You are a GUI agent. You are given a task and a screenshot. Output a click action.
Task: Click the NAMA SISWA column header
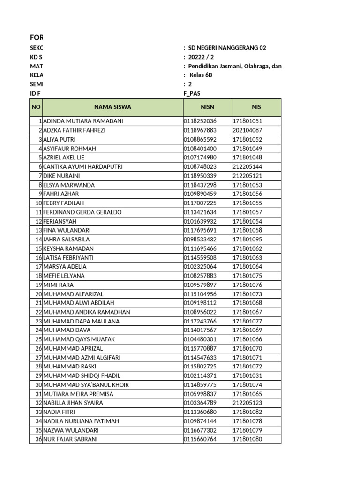pyautogui.click(x=112, y=107)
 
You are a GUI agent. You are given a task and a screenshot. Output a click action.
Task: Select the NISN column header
pyautogui.click(x=207, y=107)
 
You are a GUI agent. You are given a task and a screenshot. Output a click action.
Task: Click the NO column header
pyautogui.click(x=36, y=107)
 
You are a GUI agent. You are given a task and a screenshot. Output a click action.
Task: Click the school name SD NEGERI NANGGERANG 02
pyautogui.click(x=227, y=48)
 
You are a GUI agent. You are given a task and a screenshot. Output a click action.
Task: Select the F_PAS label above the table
pyautogui.click(x=192, y=94)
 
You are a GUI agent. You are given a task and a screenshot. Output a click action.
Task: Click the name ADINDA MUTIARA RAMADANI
pyautogui.click(x=83, y=121)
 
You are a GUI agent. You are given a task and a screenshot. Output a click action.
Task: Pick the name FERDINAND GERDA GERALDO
pyautogui.click(x=82, y=212)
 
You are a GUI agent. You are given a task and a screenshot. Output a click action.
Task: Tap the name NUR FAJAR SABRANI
pyautogui.click(x=70, y=439)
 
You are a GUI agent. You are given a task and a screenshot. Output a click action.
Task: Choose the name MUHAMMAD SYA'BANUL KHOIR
pyautogui.click(x=86, y=385)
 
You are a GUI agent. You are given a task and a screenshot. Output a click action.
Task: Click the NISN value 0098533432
pyautogui.click(x=200, y=240)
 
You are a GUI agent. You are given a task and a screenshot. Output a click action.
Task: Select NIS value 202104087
pyautogui.click(x=247, y=130)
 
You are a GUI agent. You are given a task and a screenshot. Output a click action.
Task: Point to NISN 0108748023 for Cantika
pyautogui.click(x=200, y=167)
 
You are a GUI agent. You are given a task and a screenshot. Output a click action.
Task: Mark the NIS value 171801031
pyautogui.click(x=247, y=376)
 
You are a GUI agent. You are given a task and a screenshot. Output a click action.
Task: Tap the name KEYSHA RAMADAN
pyautogui.click(x=68, y=248)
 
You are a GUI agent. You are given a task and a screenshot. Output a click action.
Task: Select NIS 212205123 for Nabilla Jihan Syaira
pyautogui.click(x=247, y=403)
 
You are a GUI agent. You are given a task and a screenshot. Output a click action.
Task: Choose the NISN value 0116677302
pyautogui.click(x=200, y=430)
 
